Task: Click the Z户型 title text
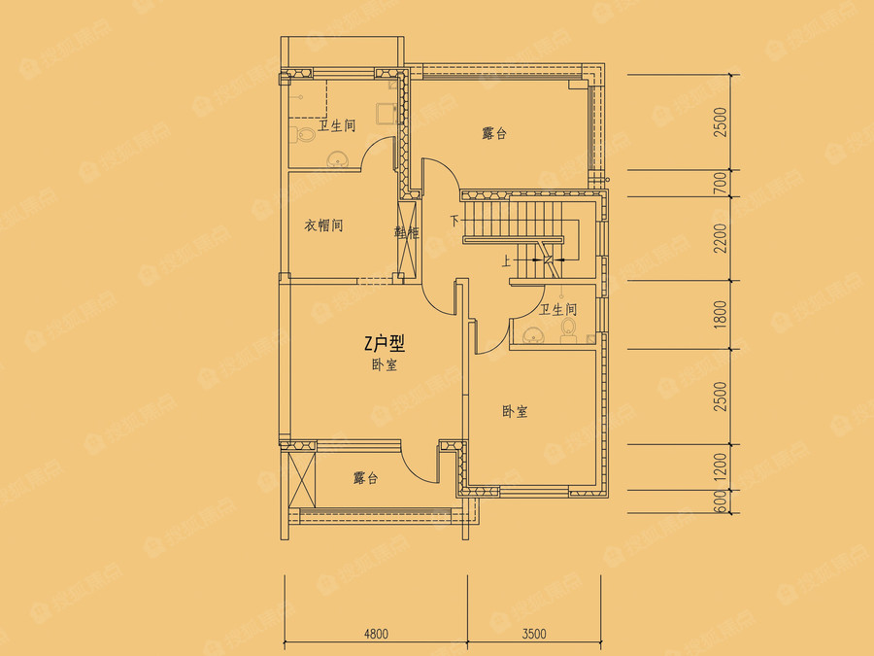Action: (384, 343)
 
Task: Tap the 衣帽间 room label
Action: (324, 225)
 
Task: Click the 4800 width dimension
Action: (376, 634)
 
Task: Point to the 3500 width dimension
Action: (533, 634)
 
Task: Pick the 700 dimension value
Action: (720, 184)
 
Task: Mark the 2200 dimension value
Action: (720, 239)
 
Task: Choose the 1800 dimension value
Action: (720, 314)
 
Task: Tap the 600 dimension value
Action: (720, 501)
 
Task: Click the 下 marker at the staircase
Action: (454, 220)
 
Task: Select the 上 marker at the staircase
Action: (506, 260)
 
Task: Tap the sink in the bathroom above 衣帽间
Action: (339, 159)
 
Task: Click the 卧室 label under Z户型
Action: (383, 365)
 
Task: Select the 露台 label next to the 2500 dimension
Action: (494, 133)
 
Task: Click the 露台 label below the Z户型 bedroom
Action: (365, 478)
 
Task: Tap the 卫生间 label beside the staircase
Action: (558, 310)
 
